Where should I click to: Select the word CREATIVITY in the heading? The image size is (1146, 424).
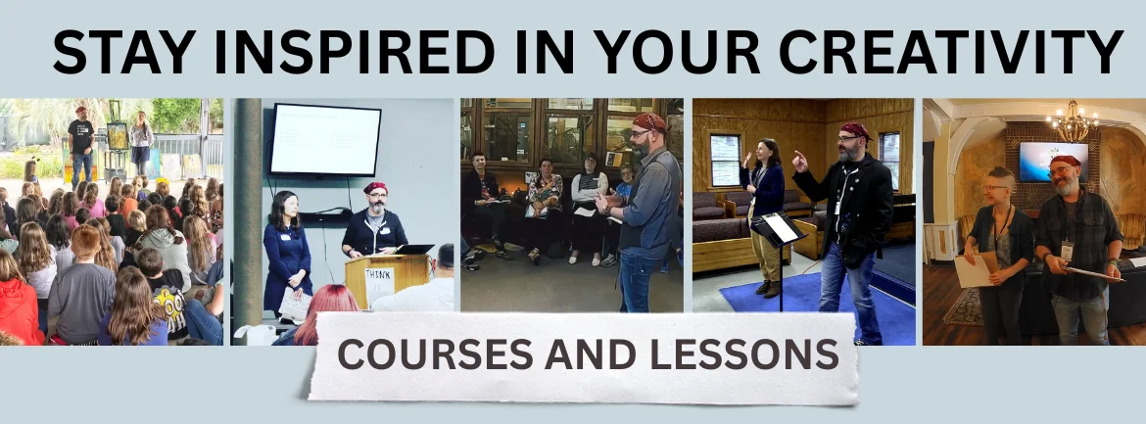click(x=951, y=52)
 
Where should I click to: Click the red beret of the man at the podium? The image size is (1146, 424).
click(x=375, y=188)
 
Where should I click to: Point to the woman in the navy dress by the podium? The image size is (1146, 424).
click(x=286, y=254)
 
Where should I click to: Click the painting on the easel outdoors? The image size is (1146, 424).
click(x=117, y=136)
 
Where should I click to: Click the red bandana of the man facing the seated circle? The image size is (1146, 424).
click(x=649, y=121)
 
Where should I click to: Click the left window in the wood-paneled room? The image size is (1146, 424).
click(x=725, y=160)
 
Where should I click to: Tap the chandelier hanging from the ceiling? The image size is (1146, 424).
click(x=1073, y=122)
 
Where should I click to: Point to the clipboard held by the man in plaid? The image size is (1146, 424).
click(x=1093, y=273)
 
